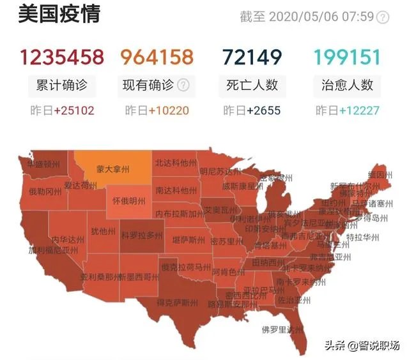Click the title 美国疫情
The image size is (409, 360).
pyautogui.click(x=59, y=13)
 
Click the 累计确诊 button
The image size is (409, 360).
pyautogui.click(x=62, y=85)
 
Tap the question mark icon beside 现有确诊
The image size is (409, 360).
pyautogui.click(x=183, y=85)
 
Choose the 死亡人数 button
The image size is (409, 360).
pyautogui.click(x=252, y=85)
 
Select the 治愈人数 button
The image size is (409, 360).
pyautogui.click(x=348, y=85)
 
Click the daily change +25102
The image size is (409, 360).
pyautogui.click(x=73, y=110)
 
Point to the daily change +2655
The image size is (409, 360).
pyautogui.click(x=263, y=110)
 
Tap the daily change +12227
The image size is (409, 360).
pyautogui.click(x=358, y=110)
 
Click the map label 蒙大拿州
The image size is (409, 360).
pyautogui.click(x=112, y=170)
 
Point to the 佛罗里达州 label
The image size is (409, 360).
pyautogui.click(x=281, y=329)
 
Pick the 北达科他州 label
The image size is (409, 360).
pyautogui.click(x=175, y=163)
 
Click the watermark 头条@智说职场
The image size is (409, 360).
pyautogui.click(x=362, y=345)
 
